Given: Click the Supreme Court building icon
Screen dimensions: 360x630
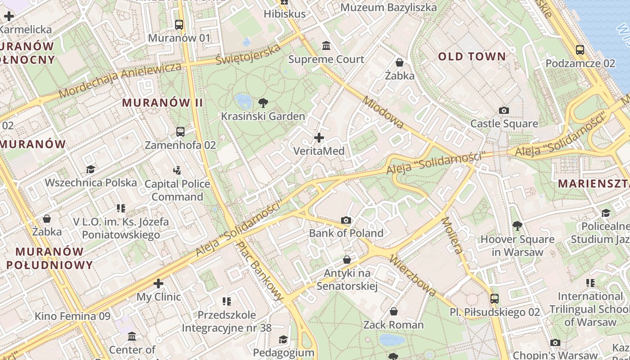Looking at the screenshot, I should coord(326,45).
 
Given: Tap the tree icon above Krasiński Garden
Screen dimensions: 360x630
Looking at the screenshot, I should coord(263,103).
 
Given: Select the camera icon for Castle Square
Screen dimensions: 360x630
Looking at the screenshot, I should coord(504,110).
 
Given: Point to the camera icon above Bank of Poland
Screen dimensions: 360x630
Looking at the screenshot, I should coord(346,220).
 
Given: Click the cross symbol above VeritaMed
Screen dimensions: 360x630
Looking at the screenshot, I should coord(319,137).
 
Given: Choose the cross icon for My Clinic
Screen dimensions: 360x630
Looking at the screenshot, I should coord(158,283).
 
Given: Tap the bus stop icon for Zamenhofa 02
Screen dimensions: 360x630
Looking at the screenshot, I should coord(180,132).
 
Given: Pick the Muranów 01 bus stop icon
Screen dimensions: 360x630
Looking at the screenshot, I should coord(179,25).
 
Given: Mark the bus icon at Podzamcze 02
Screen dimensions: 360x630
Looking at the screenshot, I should coord(580,50).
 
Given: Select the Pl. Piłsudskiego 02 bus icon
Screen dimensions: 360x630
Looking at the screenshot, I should coord(495,298).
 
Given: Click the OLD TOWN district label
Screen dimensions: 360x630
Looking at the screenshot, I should coord(472,57).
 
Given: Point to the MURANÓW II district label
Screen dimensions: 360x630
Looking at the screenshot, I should coord(162,103).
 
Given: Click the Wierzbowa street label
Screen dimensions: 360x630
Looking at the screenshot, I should coord(413,275).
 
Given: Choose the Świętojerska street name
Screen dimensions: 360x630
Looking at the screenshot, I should coord(247,55).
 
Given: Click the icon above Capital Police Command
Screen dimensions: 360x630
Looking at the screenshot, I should coord(177,170).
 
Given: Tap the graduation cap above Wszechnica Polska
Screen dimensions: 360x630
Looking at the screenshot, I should coord(90,169).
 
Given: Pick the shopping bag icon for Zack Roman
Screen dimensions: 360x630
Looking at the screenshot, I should coord(394,311).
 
